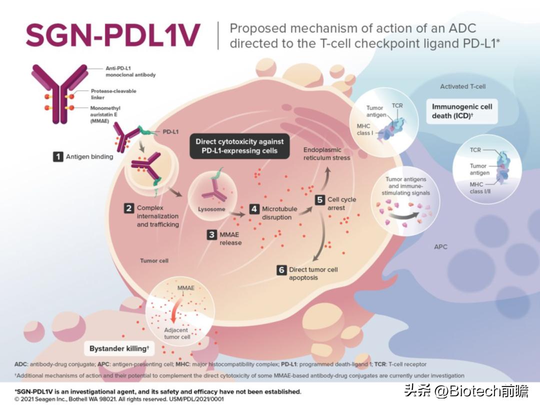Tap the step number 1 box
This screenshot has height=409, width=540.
point(58,157)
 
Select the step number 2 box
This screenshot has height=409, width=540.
point(128,208)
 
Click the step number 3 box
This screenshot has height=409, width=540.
point(211,234)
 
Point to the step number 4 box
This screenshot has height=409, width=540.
point(254,209)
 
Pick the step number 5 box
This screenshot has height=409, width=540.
point(320,199)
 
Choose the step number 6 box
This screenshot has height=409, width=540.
point(281,270)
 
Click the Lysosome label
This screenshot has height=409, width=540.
point(211,209)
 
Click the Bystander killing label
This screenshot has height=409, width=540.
point(119,348)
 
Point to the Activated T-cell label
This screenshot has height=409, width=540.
point(462,87)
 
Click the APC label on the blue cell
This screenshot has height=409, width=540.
point(440,247)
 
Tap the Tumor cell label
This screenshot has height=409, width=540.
point(154,261)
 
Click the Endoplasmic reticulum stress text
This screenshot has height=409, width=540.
point(326,154)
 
